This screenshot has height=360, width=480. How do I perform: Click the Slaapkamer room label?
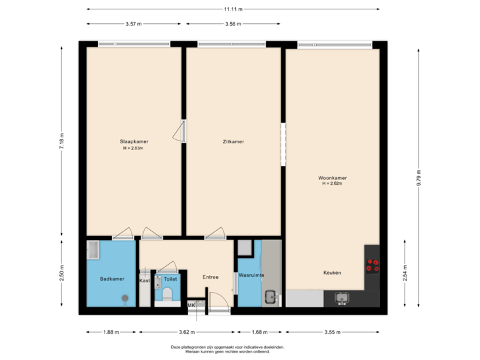pyautogui.click(x=133, y=141)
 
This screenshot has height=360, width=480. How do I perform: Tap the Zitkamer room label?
pyautogui.click(x=233, y=141)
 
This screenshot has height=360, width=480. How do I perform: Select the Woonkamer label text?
pyautogui.click(x=332, y=178)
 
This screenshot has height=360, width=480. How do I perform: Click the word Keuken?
pyautogui.click(x=332, y=273)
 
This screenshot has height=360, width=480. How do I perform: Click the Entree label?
pyautogui.click(x=211, y=277)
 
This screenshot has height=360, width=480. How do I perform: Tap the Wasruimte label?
pyautogui.click(x=251, y=275)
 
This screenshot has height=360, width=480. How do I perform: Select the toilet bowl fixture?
pyautogui.click(x=167, y=293)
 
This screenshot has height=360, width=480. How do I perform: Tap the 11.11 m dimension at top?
pyautogui.click(x=233, y=9)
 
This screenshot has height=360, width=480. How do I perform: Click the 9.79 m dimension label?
pyautogui.click(x=419, y=178)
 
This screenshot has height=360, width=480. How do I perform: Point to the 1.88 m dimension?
pyautogui.click(x=112, y=331)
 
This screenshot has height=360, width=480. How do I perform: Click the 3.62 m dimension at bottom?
pyautogui.click(x=187, y=331)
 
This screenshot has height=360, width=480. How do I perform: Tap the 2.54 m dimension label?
pyautogui.click(x=405, y=273)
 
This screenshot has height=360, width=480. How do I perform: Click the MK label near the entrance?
pyautogui.click(x=191, y=305)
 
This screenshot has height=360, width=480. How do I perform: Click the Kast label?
pyautogui.click(x=145, y=281)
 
